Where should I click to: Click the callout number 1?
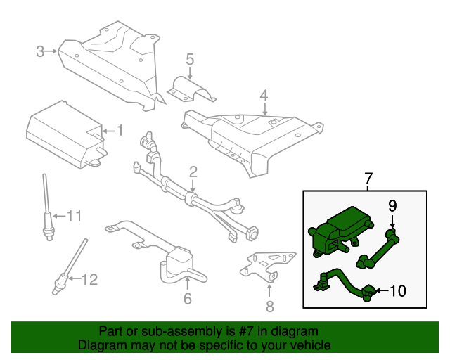120,130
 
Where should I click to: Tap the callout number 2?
193,172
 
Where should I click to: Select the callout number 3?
40,51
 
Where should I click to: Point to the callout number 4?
264,95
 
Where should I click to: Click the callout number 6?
187,299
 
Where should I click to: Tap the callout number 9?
392,205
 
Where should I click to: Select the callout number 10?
397,290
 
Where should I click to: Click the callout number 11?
74,216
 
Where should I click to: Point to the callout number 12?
89,280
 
